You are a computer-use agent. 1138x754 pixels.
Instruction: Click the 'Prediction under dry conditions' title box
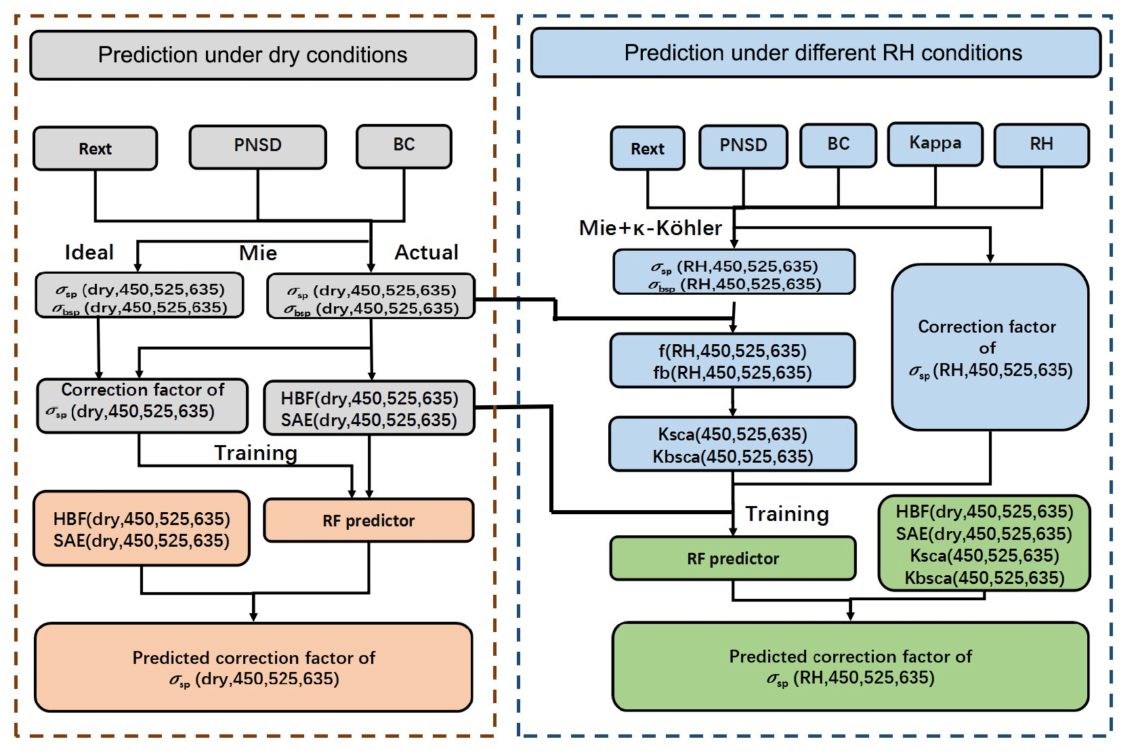[253, 55]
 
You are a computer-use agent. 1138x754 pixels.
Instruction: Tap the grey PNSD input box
[257, 146]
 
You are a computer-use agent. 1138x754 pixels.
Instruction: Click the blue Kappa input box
[935, 144]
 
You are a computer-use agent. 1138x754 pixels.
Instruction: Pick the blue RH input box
[1041, 144]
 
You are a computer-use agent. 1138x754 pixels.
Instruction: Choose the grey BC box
[404, 146]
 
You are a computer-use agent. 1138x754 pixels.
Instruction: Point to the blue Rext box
[648, 148]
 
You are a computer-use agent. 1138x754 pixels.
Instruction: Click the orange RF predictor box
[368, 520]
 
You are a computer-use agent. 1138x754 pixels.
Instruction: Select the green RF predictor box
[733, 558]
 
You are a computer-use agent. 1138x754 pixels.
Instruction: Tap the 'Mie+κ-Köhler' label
[650, 228]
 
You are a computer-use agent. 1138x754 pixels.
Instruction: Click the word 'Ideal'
[89, 253]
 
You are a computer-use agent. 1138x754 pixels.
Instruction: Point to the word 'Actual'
[426, 253]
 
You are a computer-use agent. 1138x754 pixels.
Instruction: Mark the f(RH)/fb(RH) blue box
[732, 361]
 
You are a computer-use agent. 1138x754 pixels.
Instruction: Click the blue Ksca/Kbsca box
[732, 444]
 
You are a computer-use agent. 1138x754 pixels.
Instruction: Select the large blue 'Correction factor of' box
[990, 347]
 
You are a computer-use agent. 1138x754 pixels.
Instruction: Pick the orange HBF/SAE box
[142, 529]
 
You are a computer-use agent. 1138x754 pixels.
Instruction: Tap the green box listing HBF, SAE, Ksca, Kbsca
[984, 544]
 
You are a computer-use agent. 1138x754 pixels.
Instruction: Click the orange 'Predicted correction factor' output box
[253, 667]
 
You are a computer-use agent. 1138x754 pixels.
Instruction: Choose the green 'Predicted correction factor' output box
[850, 666]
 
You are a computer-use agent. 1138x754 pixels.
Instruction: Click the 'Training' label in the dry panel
[255, 453]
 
